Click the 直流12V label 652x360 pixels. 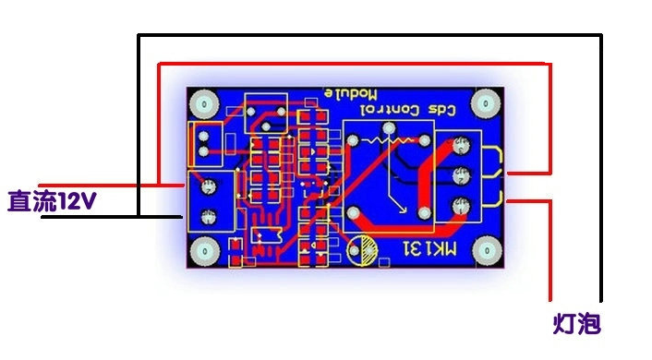pyautogui.click(x=52, y=201)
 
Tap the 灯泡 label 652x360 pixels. pyautogui.click(x=577, y=324)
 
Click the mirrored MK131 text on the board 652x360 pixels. pyautogui.click(x=430, y=248)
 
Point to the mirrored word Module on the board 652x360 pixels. pyautogui.click(x=351, y=94)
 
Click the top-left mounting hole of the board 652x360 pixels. pyautogui.click(x=204, y=103)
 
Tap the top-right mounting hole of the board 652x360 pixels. pyautogui.click(x=486, y=102)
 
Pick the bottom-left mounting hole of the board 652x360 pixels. pyautogui.click(x=205, y=251)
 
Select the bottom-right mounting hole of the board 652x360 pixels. pyautogui.click(x=487, y=251)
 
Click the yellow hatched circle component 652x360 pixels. pyautogui.click(x=363, y=250)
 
